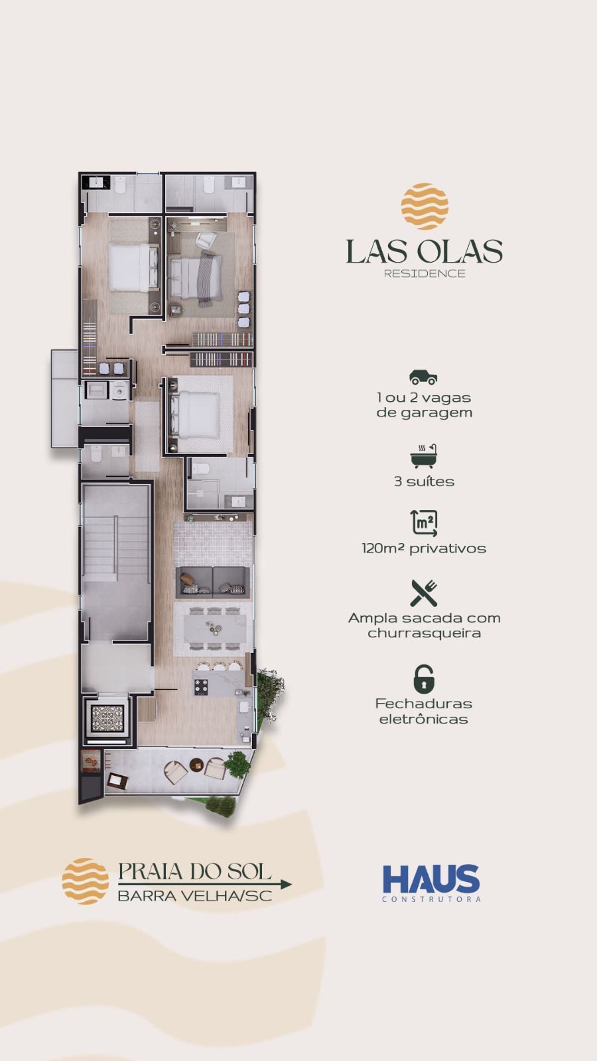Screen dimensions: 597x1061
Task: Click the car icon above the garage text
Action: (423, 377)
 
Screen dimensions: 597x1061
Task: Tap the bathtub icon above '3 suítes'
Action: (424, 456)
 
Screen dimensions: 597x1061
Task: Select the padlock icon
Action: (424, 679)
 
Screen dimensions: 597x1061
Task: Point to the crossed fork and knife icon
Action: (424, 593)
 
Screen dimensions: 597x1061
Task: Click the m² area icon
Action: (424, 523)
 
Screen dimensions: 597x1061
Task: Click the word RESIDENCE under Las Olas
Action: (425, 273)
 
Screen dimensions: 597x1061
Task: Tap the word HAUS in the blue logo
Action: (431, 879)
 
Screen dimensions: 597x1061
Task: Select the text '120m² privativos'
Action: (424, 548)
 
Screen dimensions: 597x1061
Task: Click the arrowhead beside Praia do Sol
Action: (286, 885)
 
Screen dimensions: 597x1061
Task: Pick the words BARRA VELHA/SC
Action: (195, 896)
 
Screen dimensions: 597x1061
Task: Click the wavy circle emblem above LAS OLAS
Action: (425, 206)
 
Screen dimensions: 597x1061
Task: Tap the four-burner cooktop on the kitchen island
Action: (201, 686)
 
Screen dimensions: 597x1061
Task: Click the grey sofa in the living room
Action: (213, 582)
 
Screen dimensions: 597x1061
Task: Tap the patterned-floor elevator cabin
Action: (107, 718)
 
